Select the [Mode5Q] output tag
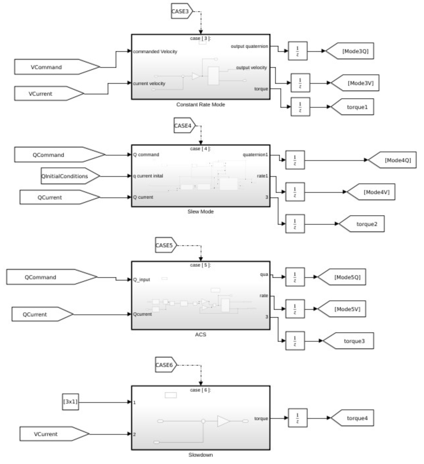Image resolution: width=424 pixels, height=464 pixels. coord(344,277)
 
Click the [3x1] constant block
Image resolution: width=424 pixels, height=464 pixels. coord(70,402)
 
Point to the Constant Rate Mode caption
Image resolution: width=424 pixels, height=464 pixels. coord(200,105)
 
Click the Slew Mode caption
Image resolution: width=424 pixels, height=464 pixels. coord(200,212)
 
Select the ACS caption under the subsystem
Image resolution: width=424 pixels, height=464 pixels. coord(200,335)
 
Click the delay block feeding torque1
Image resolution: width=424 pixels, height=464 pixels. coord(300,107)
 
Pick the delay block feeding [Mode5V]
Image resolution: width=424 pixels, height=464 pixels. coord(295,309)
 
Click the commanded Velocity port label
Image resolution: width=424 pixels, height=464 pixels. coord(155,52)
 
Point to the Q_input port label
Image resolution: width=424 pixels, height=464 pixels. coord(142,280)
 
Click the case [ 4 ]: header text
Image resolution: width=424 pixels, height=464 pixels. coord(200,149)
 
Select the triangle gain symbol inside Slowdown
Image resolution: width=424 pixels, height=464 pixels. coord(223,421)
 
